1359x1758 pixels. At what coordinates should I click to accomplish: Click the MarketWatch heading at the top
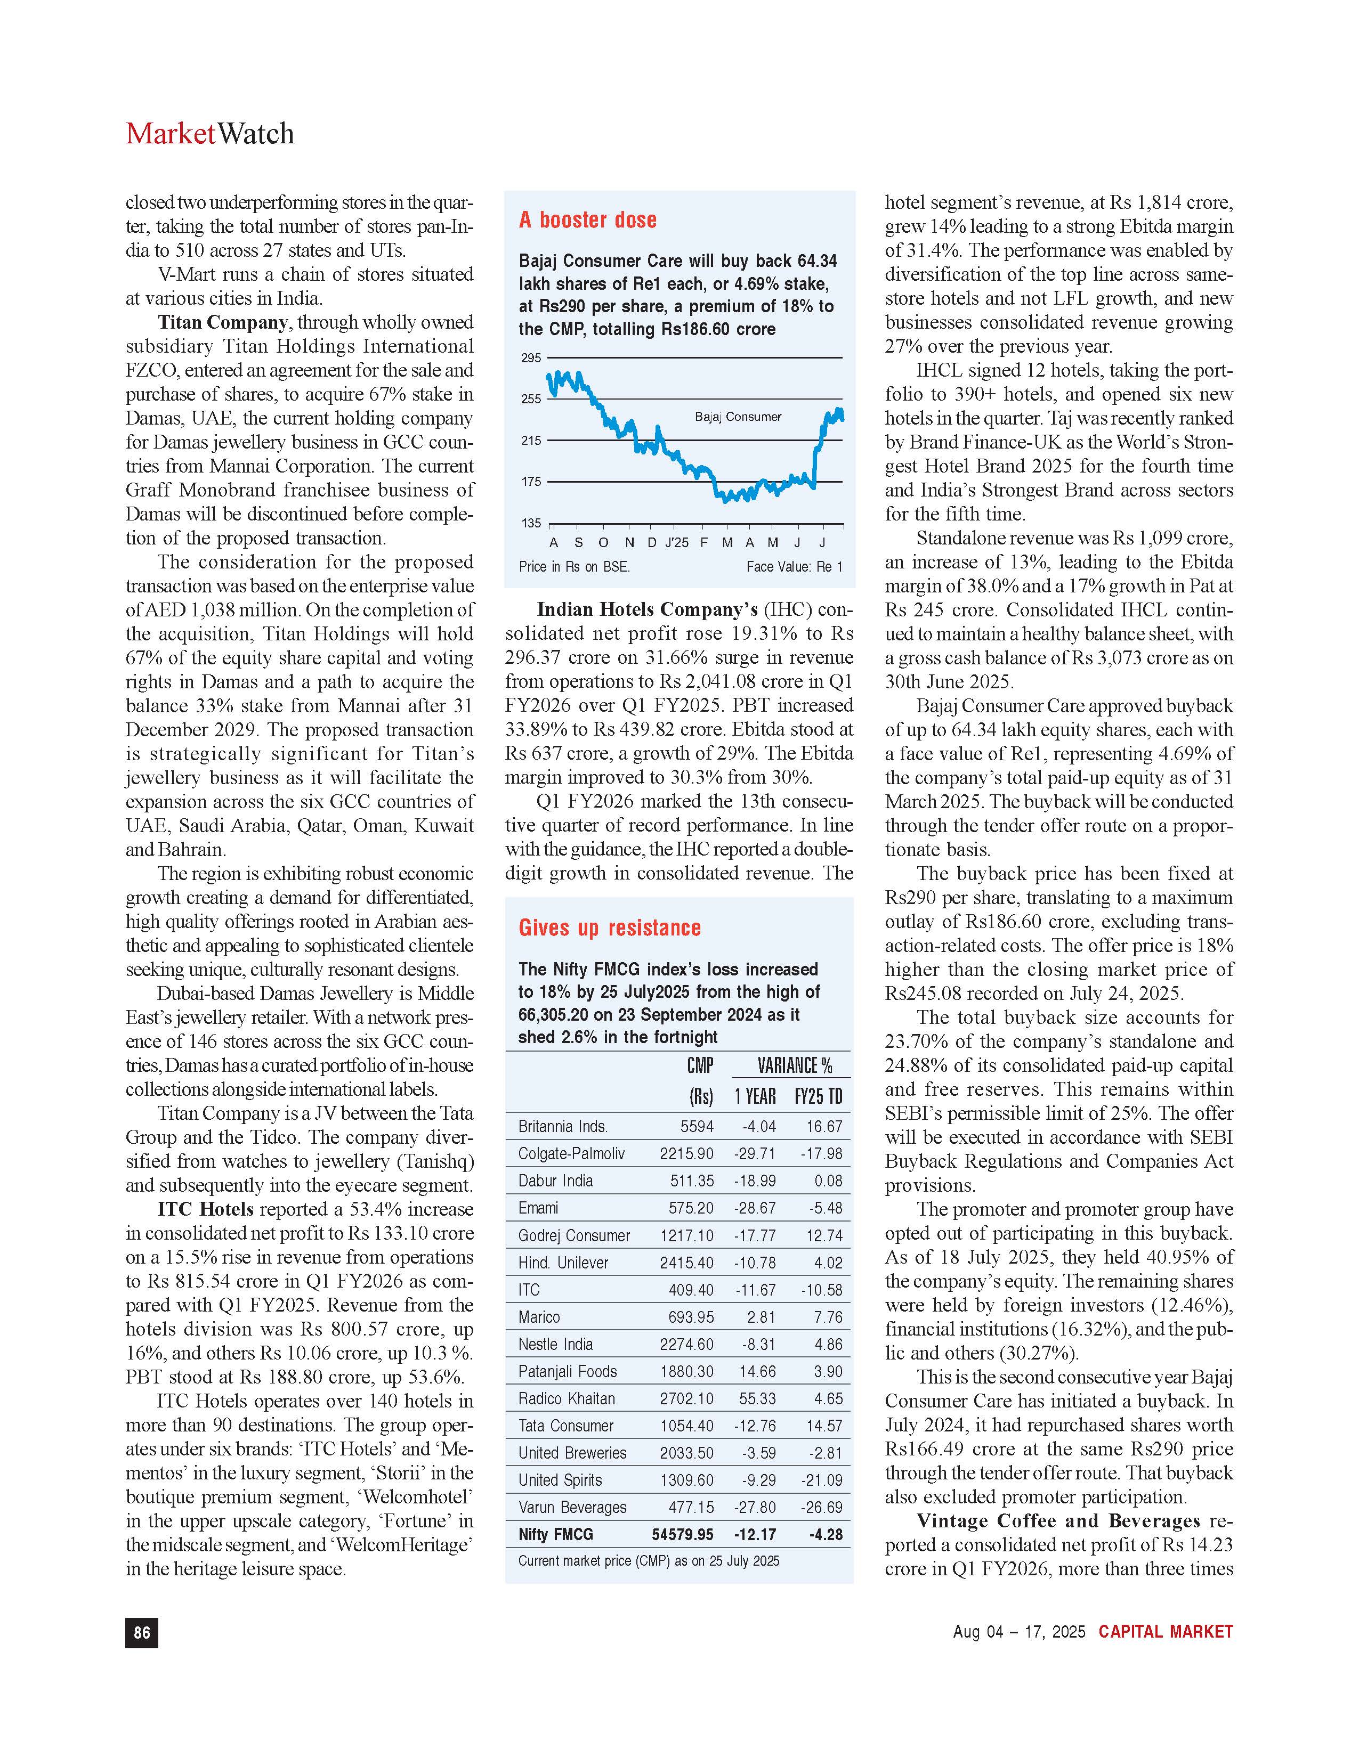[209, 134]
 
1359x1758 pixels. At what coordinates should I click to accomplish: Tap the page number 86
[142, 1632]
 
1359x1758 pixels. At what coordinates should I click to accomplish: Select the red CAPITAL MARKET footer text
[1165, 1632]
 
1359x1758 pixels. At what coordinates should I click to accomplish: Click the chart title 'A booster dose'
[588, 219]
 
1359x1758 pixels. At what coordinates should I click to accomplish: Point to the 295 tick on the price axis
[531, 358]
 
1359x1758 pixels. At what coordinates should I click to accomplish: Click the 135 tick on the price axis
[531, 523]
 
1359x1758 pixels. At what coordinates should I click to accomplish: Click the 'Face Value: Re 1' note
[794, 567]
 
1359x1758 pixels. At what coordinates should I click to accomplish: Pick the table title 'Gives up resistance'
[610, 928]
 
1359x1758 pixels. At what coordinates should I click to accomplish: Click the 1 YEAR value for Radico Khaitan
[757, 1399]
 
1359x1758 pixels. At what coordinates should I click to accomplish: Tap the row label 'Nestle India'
[555, 1344]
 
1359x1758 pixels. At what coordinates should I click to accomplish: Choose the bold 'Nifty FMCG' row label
[555, 1535]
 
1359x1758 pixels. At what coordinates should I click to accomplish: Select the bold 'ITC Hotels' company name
[205, 1209]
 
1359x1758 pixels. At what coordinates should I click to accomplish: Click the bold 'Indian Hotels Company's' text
[648, 609]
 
